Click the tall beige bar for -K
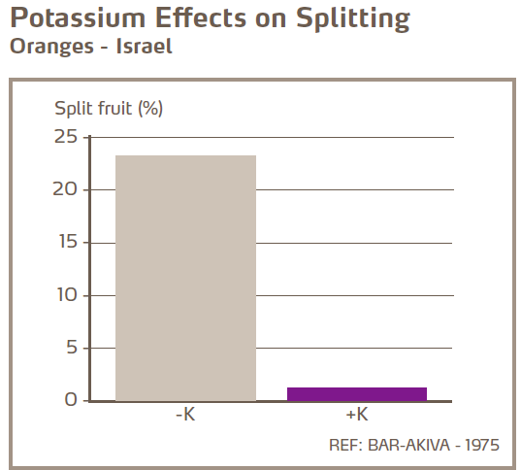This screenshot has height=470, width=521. tap(185, 278)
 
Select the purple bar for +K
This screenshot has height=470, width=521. tap(357, 393)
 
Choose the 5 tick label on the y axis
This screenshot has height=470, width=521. tap(70, 348)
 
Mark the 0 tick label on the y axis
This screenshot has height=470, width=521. tap(70, 400)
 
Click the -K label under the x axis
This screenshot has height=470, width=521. tap(185, 416)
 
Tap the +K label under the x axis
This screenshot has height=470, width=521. tap(356, 416)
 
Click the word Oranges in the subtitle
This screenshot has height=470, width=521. tap(47, 47)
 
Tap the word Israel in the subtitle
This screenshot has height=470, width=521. tap(145, 47)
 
